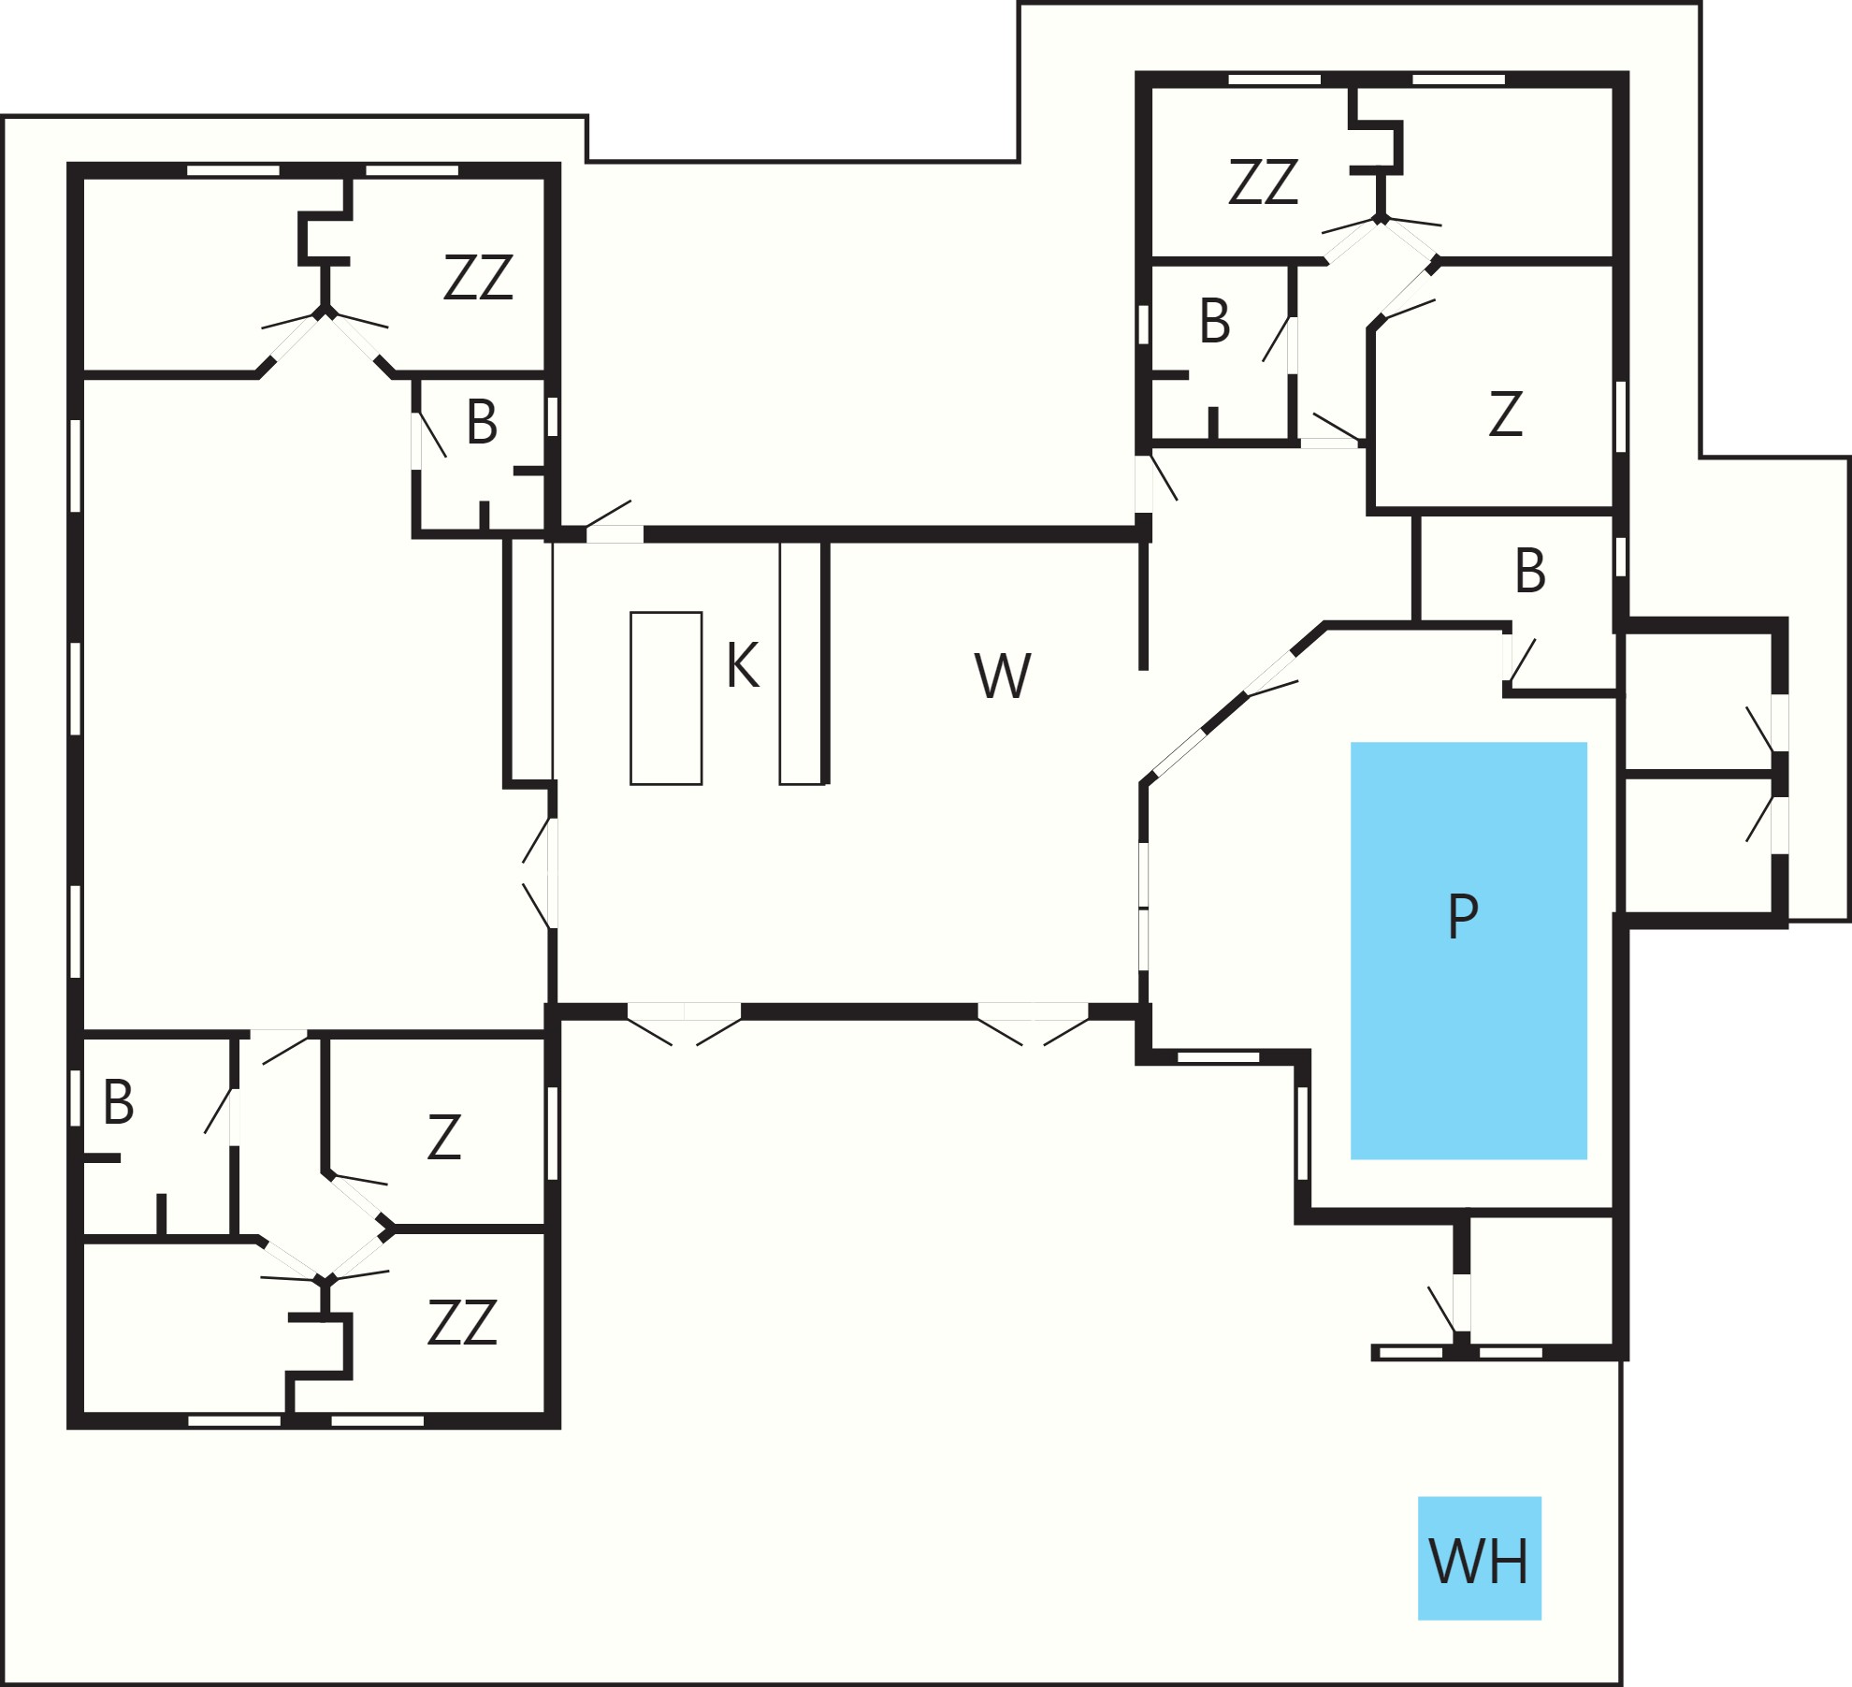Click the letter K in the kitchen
(x=743, y=665)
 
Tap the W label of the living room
(x=1003, y=675)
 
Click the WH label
(x=1479, y=1561)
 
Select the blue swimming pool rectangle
(x=1469, y=951)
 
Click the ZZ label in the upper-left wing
(x=478, y=277)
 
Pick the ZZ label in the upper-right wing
(x=1263, y=182)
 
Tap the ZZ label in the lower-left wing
(x=462, y=1323)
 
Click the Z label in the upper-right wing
(x=1505, y=414)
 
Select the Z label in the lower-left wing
(x=444, y=1137)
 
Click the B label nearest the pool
(x=1530, y=571)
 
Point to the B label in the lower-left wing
(x=119, y=1101)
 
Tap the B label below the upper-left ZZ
(x=482, y=422)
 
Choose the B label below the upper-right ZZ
(x=1215, y=321)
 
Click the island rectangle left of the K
(x=666, y=698)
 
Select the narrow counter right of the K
(x=802, y=662)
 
